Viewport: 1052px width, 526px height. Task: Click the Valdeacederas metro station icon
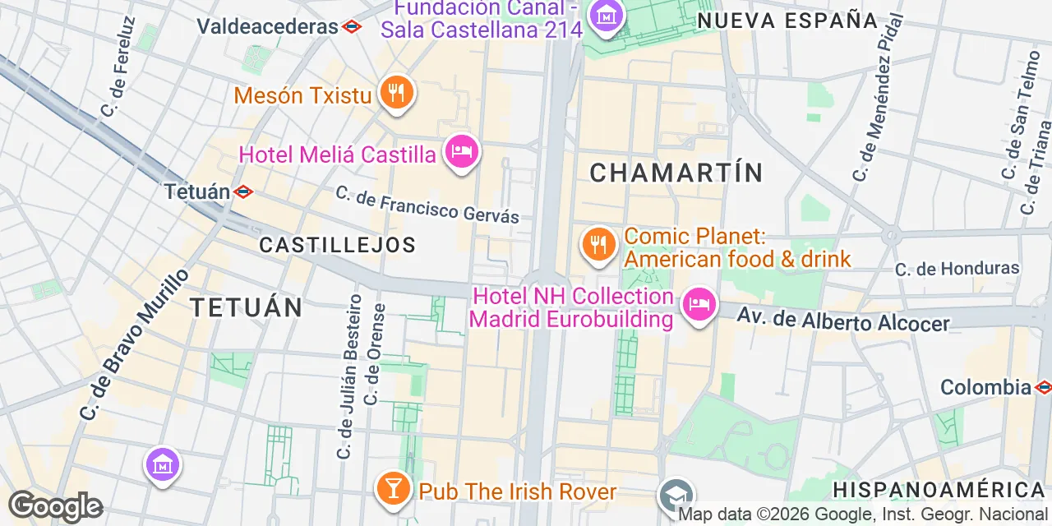(352, 26)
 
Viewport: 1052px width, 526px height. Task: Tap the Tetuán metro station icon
(243, 191)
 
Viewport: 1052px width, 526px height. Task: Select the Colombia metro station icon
(1044, 386)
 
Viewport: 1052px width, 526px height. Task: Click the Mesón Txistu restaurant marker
(396, 92)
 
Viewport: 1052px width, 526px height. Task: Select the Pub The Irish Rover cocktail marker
(393, 488)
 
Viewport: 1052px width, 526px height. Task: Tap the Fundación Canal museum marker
(607, 16)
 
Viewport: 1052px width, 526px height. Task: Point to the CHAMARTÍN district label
(676, 173)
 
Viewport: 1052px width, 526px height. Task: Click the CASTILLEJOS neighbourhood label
(337, 245)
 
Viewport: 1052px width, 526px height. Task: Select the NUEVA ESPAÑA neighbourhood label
(787, 21)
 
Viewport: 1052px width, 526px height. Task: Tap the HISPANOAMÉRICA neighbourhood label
(939, 491)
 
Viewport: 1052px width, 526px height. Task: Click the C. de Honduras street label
(957, 269)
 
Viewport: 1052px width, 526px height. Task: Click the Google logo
(55, 506)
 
